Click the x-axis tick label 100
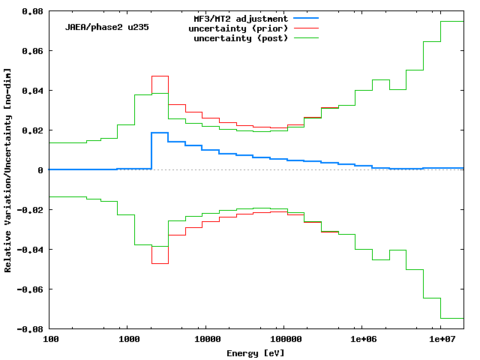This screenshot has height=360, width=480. tap(49, 340)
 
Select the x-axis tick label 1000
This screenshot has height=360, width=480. tap(127, 340)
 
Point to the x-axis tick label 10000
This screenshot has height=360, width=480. tap(205, 340)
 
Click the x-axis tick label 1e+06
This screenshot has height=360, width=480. tap(362, 340)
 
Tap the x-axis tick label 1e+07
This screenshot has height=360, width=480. tap(440, 340)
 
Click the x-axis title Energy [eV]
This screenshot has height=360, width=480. tap(256, 352)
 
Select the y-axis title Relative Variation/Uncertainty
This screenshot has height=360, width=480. tap(8, 170)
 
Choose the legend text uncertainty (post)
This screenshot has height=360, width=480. tap(241, 38)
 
